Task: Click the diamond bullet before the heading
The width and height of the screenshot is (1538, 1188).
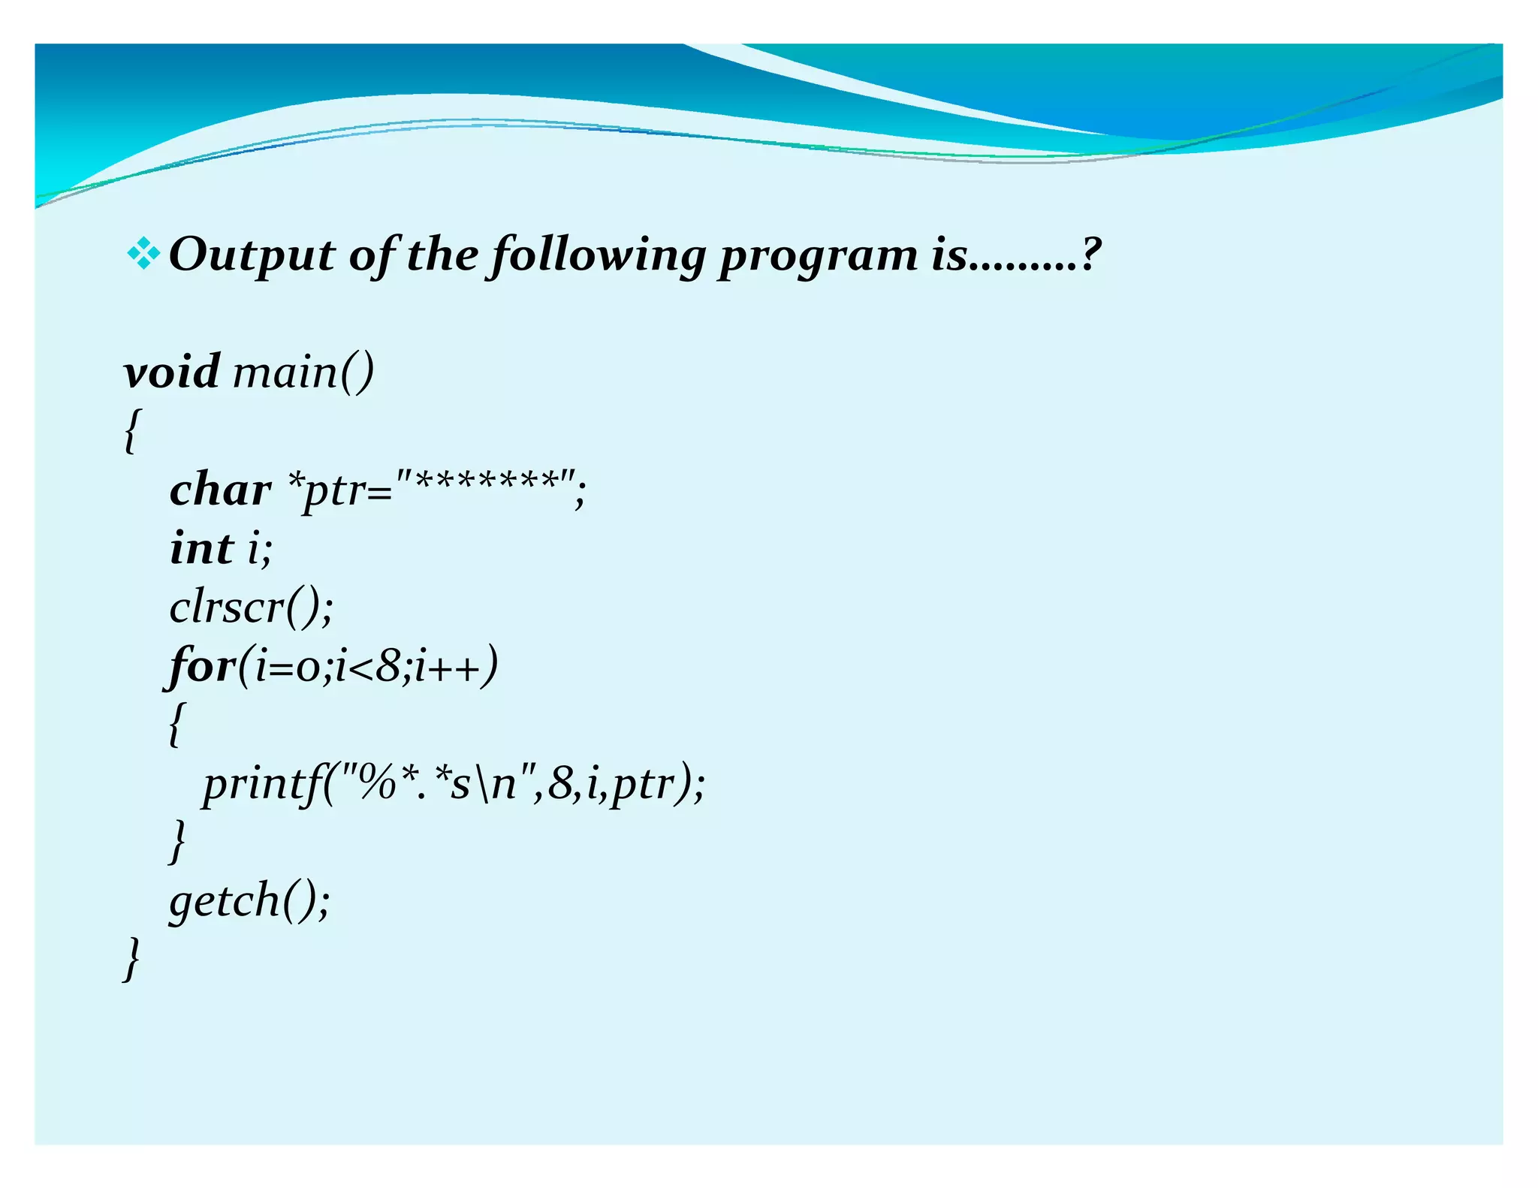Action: click(x=143, y=255)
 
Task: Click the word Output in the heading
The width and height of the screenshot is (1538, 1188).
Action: click(x=252, y=255)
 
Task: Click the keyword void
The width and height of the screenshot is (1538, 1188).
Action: click(x=172, y=371)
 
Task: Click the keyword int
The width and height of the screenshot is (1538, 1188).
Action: click(x=201, y=547)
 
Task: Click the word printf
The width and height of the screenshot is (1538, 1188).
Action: click(x=263, y=785)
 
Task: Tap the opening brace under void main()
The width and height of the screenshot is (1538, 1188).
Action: click(x=131, y=431)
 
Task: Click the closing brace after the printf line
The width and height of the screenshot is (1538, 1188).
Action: click(x=177, y=841)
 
